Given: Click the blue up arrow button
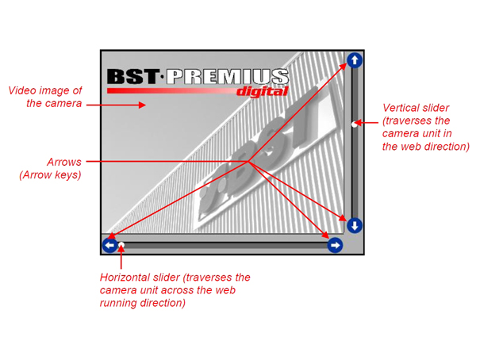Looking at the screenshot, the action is point(355,60).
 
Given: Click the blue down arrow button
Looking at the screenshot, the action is point(355,226).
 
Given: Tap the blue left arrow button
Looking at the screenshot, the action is point(110,245).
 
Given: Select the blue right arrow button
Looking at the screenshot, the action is point(335,245).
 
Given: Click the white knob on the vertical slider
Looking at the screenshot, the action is point(354,124).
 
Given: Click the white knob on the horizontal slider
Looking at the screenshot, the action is point(121,245).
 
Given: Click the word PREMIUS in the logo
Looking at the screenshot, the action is point(227,76).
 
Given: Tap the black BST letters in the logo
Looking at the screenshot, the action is point(132,76).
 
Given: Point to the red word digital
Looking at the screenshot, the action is point(263,91).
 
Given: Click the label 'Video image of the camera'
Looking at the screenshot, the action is point(45,97).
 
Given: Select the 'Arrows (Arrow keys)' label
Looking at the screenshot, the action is point(50,168).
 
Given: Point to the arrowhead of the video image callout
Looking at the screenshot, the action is point(142,105).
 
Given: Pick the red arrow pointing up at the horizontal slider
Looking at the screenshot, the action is point(121,258).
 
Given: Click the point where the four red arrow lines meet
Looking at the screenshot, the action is point(248,161).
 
